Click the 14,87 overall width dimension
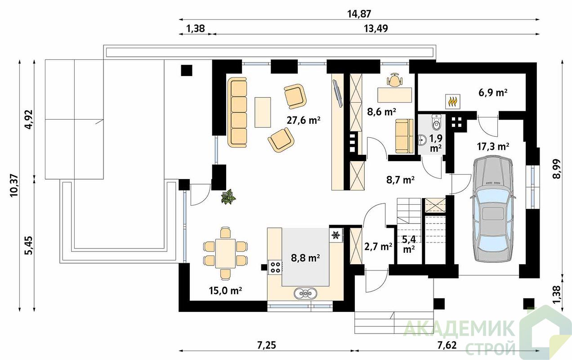point(359,14)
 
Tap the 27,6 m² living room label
point(304,120)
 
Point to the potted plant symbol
point(228,197)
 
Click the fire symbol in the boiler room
point(453,101)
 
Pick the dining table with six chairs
point(225,253)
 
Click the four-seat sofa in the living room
point(237,112)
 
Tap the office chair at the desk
point(395,80)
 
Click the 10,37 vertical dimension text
point(14,185)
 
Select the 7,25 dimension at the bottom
point(267,346)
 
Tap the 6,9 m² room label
point(493,93)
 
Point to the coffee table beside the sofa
point(263,112)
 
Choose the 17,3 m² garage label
point(493,146)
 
